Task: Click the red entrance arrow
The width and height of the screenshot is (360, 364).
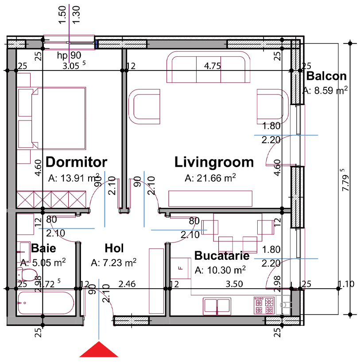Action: pos(99,350)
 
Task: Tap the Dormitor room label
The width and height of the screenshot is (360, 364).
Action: pos(77,162)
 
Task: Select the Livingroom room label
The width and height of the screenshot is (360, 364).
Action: pos(214,162)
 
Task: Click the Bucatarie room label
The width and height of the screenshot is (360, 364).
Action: pos(222,255)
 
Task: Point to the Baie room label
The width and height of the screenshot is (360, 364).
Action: pos(43,248)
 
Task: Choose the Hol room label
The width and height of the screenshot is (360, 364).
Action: pos(114,248)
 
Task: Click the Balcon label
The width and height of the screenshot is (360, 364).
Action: pos(326,76)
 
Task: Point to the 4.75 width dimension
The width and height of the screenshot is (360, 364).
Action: pos(213,66)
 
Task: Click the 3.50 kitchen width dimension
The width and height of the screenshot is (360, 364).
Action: pos(234,284)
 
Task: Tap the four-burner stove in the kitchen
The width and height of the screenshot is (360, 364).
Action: pos(264,305)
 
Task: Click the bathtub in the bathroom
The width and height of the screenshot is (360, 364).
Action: pos(46,303)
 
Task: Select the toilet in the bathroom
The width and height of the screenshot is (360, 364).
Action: pos(27,274)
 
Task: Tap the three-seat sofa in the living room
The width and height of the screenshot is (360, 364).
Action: pos(209,67)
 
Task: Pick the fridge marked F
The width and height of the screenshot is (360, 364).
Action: pos(181,268)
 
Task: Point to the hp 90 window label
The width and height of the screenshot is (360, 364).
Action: pos(69,55)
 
